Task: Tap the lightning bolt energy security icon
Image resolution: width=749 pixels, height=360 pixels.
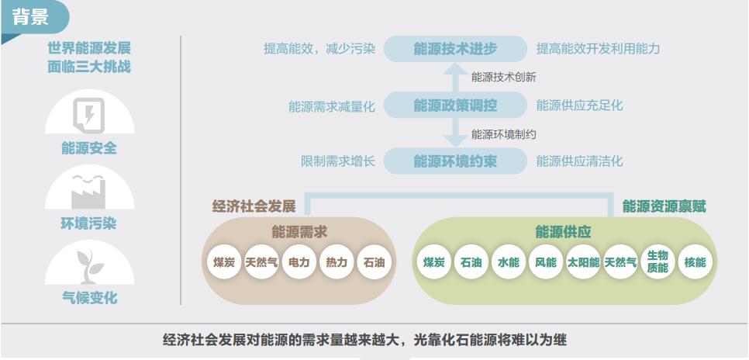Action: click(x=89, y=116)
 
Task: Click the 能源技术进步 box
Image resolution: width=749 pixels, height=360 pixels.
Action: click(x=455, y=49)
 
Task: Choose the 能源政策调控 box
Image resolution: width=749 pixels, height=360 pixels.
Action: click(x=455, y=106)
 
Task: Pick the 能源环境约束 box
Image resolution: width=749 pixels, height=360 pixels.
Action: click(x=455, y=161)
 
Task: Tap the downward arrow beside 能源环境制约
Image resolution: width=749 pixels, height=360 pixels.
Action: click(x=455, y=133)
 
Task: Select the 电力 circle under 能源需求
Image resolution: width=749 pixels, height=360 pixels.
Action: click(x=299, y=261)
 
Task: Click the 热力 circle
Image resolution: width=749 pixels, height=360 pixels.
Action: click(x=337, y=261)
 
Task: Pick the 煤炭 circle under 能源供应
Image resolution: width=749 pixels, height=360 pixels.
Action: click(x=433, y=261)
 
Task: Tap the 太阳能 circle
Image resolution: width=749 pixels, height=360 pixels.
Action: click(x=583, y=261)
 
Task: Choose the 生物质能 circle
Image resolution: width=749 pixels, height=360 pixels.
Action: click(x=658, y=261)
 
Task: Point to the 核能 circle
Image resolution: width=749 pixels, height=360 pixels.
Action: click(x=695, y=261)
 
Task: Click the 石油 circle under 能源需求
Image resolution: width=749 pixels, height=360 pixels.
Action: click(x=374, y=261)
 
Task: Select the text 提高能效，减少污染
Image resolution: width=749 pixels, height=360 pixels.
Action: click(x=319, y=49)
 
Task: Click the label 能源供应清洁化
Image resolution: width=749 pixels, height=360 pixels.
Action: click(x=579, y=161)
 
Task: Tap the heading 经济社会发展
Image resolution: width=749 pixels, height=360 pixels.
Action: click(x=254, y=206)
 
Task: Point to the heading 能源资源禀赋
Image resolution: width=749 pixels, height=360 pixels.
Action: click(x=664, y=206)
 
